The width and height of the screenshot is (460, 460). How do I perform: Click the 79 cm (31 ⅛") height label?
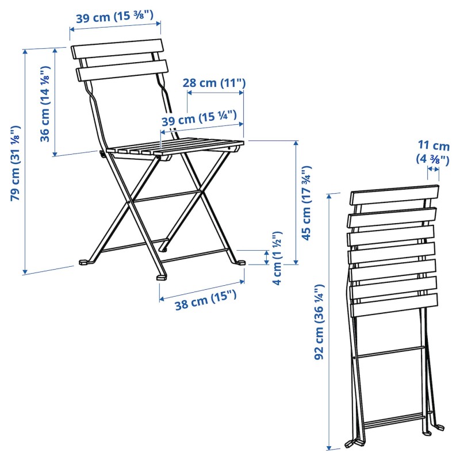(x=16, y=163)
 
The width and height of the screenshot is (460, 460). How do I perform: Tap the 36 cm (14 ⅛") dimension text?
(x=45, y=104)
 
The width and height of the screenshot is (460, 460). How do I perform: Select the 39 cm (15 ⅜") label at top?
(x=114, y=17)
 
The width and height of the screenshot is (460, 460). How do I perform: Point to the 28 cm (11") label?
(x=214, y=83)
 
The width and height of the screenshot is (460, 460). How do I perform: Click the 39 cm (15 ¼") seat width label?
(x=199, y=118)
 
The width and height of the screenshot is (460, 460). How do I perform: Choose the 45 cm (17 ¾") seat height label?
(x=306, y=203)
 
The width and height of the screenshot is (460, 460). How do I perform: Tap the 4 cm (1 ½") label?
(x=277, y=258)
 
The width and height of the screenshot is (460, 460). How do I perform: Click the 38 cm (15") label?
(x=206, y=300)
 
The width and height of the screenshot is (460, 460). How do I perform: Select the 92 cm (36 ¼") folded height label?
(x=319, y=322)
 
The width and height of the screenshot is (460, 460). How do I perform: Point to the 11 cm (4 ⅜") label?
(x=433, y=152)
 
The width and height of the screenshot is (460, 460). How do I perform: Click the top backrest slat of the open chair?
(x=117, y=48)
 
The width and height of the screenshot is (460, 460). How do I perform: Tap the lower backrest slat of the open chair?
(x=122, y=71)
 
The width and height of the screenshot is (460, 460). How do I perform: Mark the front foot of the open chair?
(x=162, y=277)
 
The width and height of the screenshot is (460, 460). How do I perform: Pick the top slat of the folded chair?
(x=394, y=195)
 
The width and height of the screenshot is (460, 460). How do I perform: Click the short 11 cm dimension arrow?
(x=434, y=168)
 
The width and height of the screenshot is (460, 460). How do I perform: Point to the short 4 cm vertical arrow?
(x=266, y=257)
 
